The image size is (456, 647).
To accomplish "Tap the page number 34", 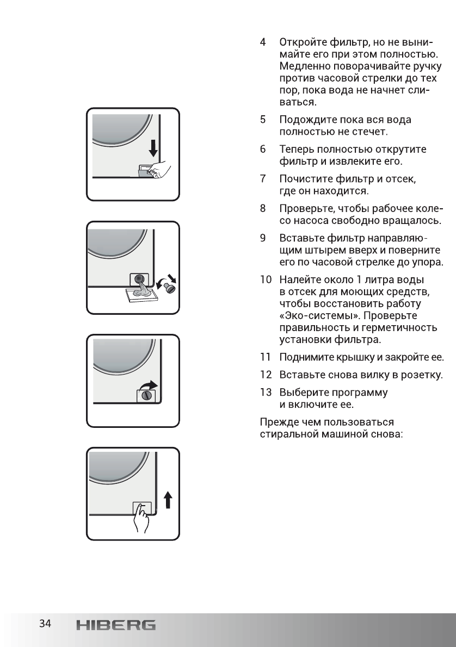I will click(x=45, y=624).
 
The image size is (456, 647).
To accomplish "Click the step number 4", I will click(x=263, y=42).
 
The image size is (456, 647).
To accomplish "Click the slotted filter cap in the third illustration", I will click(x=146, y=396).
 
